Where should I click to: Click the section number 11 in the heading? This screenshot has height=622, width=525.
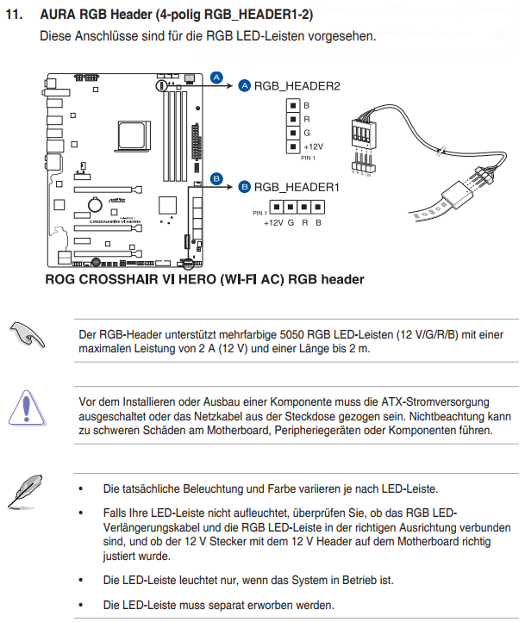pyautogui.click(x=14, y=15)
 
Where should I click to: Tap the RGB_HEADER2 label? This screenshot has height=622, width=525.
pyautogui.click(x=297, y=86)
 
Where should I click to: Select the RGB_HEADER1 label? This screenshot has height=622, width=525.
pyautogui.click(x=297, y=187)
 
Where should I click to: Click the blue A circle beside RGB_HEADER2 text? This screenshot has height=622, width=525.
pyautogui.click(x=245, y=85)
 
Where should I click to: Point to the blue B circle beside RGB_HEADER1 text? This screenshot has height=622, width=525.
pyautogui.click(x=245, y=187)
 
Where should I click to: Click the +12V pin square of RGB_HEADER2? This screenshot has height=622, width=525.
pyautogui.click(x=293, y=146)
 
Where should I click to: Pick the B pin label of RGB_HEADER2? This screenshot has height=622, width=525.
pyautogui.click(x=306, y=105)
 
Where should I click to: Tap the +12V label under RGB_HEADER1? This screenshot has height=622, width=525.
pyautogui.click(x=274, y=223)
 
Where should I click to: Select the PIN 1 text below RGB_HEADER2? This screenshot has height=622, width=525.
pyautogui.click(x=308, y=158)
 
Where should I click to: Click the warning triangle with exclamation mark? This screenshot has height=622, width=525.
pyautogui.click(x=27, y=408)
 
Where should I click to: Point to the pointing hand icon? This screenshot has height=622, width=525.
pyautogui.click(x=27, y=335)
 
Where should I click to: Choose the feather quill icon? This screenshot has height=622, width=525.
pyautogui.click(x=25, y=492)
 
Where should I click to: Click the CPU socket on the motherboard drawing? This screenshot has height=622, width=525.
pyautogui.click(x=134, y=136)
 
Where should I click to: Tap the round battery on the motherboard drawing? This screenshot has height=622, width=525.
pyautogui.click(x=95, y=204)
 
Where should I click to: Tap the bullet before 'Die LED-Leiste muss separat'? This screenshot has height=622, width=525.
pyautogui.click(x=81, y=606)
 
